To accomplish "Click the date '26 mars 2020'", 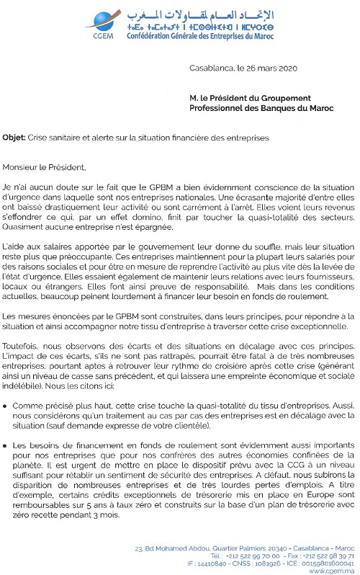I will click(262, 70).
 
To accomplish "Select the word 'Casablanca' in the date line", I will click(211, 70).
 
